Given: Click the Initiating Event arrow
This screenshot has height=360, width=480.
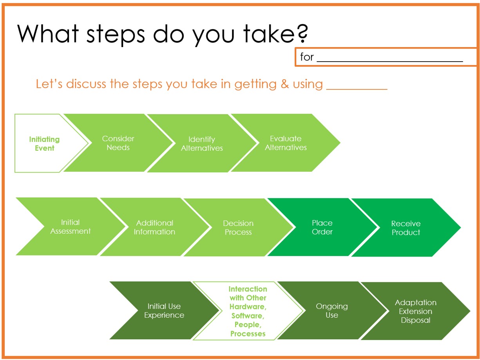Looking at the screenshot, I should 45,144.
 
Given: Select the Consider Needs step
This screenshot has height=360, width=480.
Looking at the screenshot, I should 118,143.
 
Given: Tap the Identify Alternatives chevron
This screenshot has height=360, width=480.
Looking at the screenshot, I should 202,144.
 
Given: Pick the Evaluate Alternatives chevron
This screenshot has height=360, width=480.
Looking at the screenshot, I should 286,143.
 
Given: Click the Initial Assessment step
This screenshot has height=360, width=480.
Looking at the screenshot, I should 71,227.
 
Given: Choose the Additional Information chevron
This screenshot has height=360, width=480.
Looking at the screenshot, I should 154,227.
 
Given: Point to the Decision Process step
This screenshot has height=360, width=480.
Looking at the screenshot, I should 238,227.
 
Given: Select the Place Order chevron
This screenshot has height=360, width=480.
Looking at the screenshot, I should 322,227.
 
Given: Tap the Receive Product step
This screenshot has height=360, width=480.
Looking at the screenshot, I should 406,228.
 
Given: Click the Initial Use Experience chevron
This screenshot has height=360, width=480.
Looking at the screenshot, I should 164,311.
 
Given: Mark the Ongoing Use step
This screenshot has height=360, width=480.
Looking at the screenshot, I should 331,311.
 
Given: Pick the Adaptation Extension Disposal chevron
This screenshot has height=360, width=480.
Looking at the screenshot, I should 415,311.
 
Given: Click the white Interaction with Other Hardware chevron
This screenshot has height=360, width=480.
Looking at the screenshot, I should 248,311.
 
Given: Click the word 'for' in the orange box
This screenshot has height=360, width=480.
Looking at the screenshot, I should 307,57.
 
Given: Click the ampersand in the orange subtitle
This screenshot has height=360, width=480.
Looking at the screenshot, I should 284,84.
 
